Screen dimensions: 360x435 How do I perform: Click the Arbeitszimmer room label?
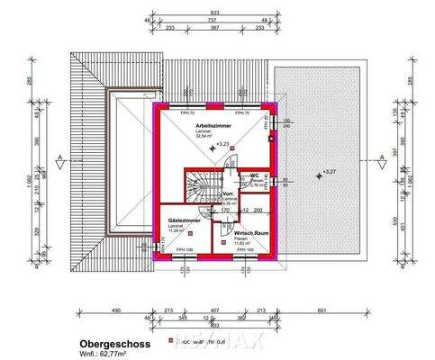coord(213,126)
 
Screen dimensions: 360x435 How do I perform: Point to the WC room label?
coord(257,175)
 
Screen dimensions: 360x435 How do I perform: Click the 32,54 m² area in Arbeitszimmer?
coord(213,139)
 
